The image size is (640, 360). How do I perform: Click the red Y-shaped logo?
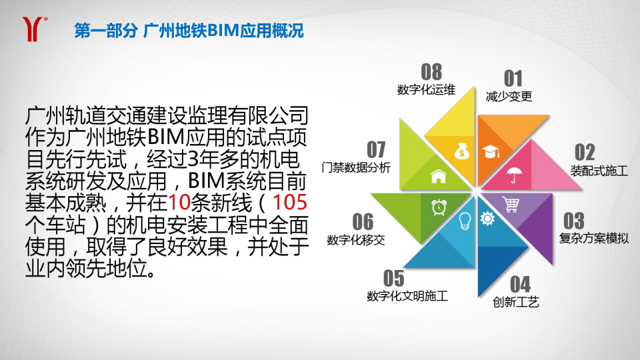(33, 29)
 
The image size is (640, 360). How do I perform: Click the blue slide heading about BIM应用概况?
(189, 31)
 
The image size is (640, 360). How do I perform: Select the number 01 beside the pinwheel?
(513, 78)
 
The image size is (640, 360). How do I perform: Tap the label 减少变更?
(509, 96)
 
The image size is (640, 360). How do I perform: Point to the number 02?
(585, 152)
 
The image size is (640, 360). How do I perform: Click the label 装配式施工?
(599, 171)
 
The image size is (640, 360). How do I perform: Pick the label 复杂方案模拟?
(594, 238)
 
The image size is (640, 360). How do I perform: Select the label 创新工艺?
(516, 302)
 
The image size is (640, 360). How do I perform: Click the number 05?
(393, 279)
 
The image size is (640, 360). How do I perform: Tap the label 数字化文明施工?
(407, 296)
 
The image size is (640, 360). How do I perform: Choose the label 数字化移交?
(356, 239)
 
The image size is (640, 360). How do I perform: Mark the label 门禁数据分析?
(356, 167)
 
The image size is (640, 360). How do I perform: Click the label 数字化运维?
(426, 89)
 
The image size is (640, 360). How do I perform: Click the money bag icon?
(461, 151)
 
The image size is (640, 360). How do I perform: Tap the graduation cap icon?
(491, 151)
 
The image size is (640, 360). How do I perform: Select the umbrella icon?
(513, 175)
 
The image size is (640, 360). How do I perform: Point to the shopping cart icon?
(511, 205)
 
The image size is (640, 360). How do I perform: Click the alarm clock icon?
(439, 207)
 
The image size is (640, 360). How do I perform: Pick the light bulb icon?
(465, 221)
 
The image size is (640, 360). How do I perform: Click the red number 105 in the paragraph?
(290, 202)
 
